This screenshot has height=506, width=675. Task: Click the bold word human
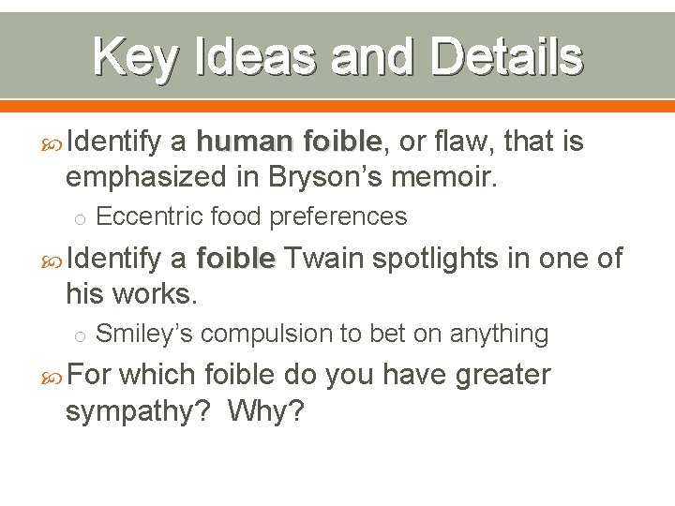click(x=245, y=141)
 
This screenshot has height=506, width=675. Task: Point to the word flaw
click(x=467, y=141)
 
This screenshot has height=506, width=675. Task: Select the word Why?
click(x=265, y=410)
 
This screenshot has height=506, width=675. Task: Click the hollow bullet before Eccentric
click(x=81, y=219)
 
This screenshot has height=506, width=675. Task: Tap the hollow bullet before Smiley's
click(x=81, y=336)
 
